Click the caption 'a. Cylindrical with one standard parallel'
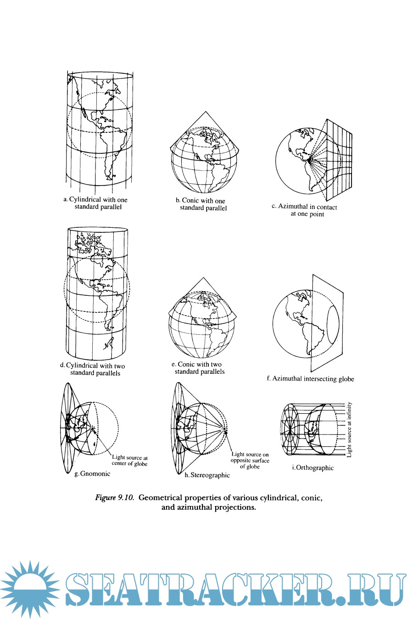click(95, 203)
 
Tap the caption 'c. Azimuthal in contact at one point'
click(304, 210)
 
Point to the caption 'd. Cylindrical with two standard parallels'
click(93, 369)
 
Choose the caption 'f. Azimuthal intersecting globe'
click(311, 379)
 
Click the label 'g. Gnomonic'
click(92, 473)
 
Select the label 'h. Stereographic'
click(207, 475)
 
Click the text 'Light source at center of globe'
click(130, 461)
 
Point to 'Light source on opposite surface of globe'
click(250, 460)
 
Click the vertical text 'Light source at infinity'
click(350, 429)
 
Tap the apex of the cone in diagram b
click(206, 112)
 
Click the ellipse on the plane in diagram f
click(333, 328)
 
